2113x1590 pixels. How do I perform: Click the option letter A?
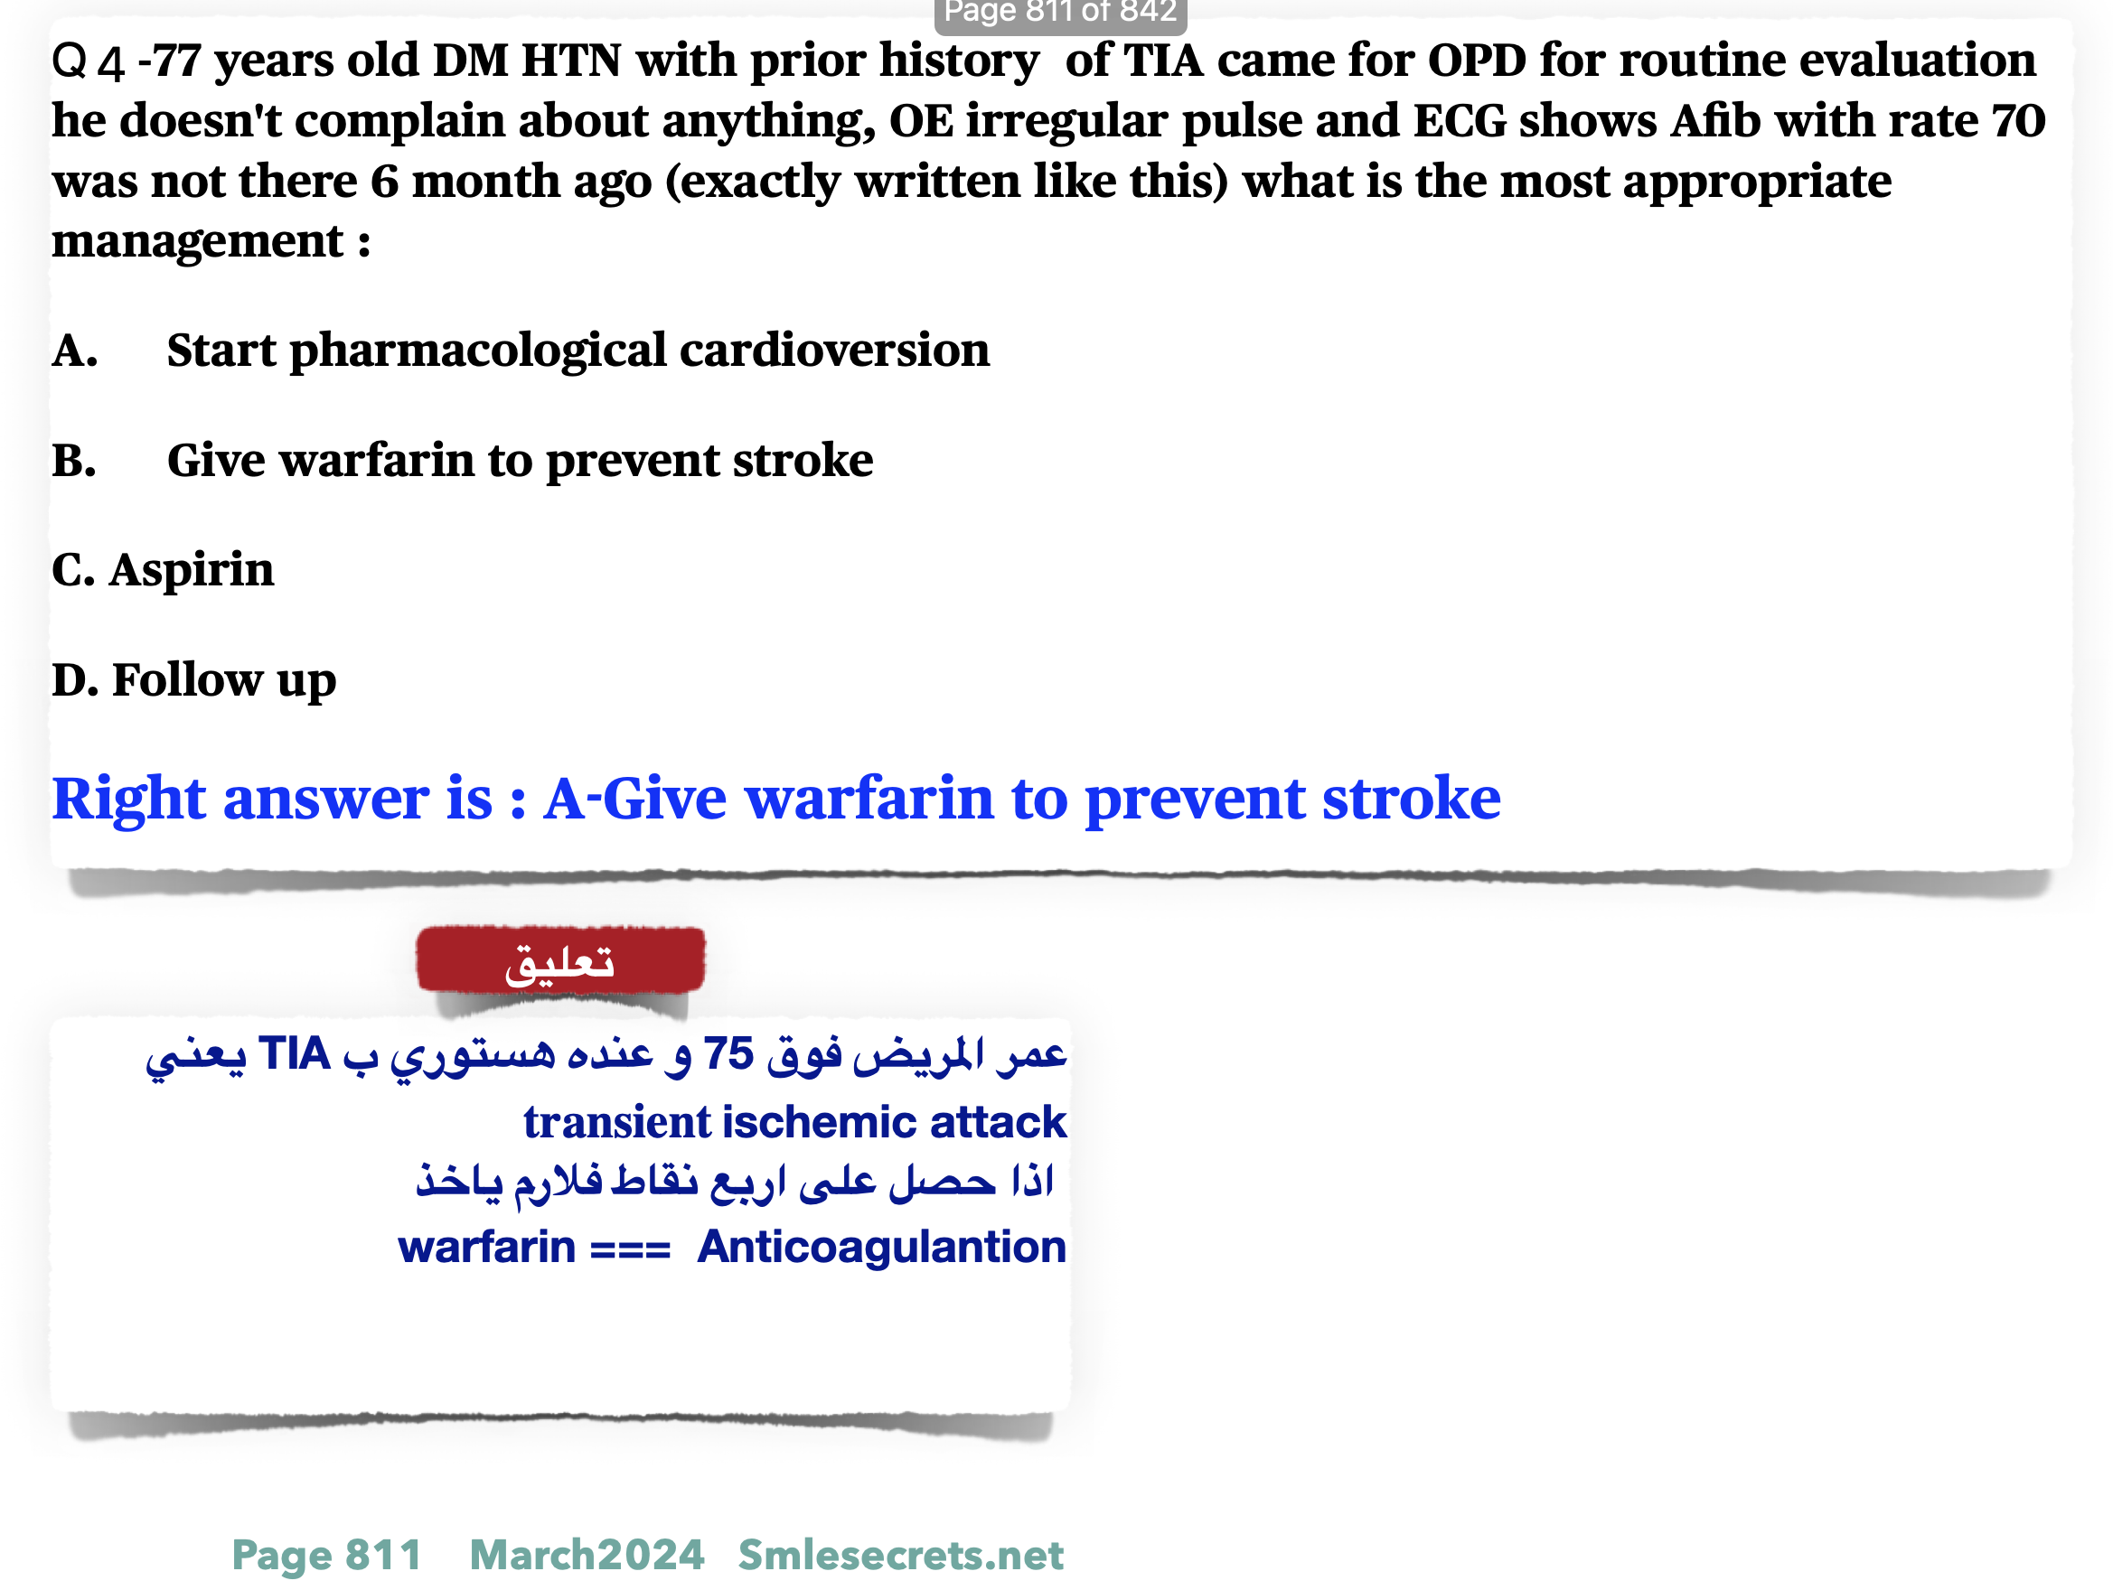click(74, 351)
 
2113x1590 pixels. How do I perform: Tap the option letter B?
click(74, 461)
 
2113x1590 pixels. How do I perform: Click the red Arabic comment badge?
click(560, 960)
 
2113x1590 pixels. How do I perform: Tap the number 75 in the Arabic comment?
click(728, 1054)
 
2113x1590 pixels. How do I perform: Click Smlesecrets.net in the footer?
click(901, 1556)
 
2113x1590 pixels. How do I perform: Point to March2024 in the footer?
click(587, 1556)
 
